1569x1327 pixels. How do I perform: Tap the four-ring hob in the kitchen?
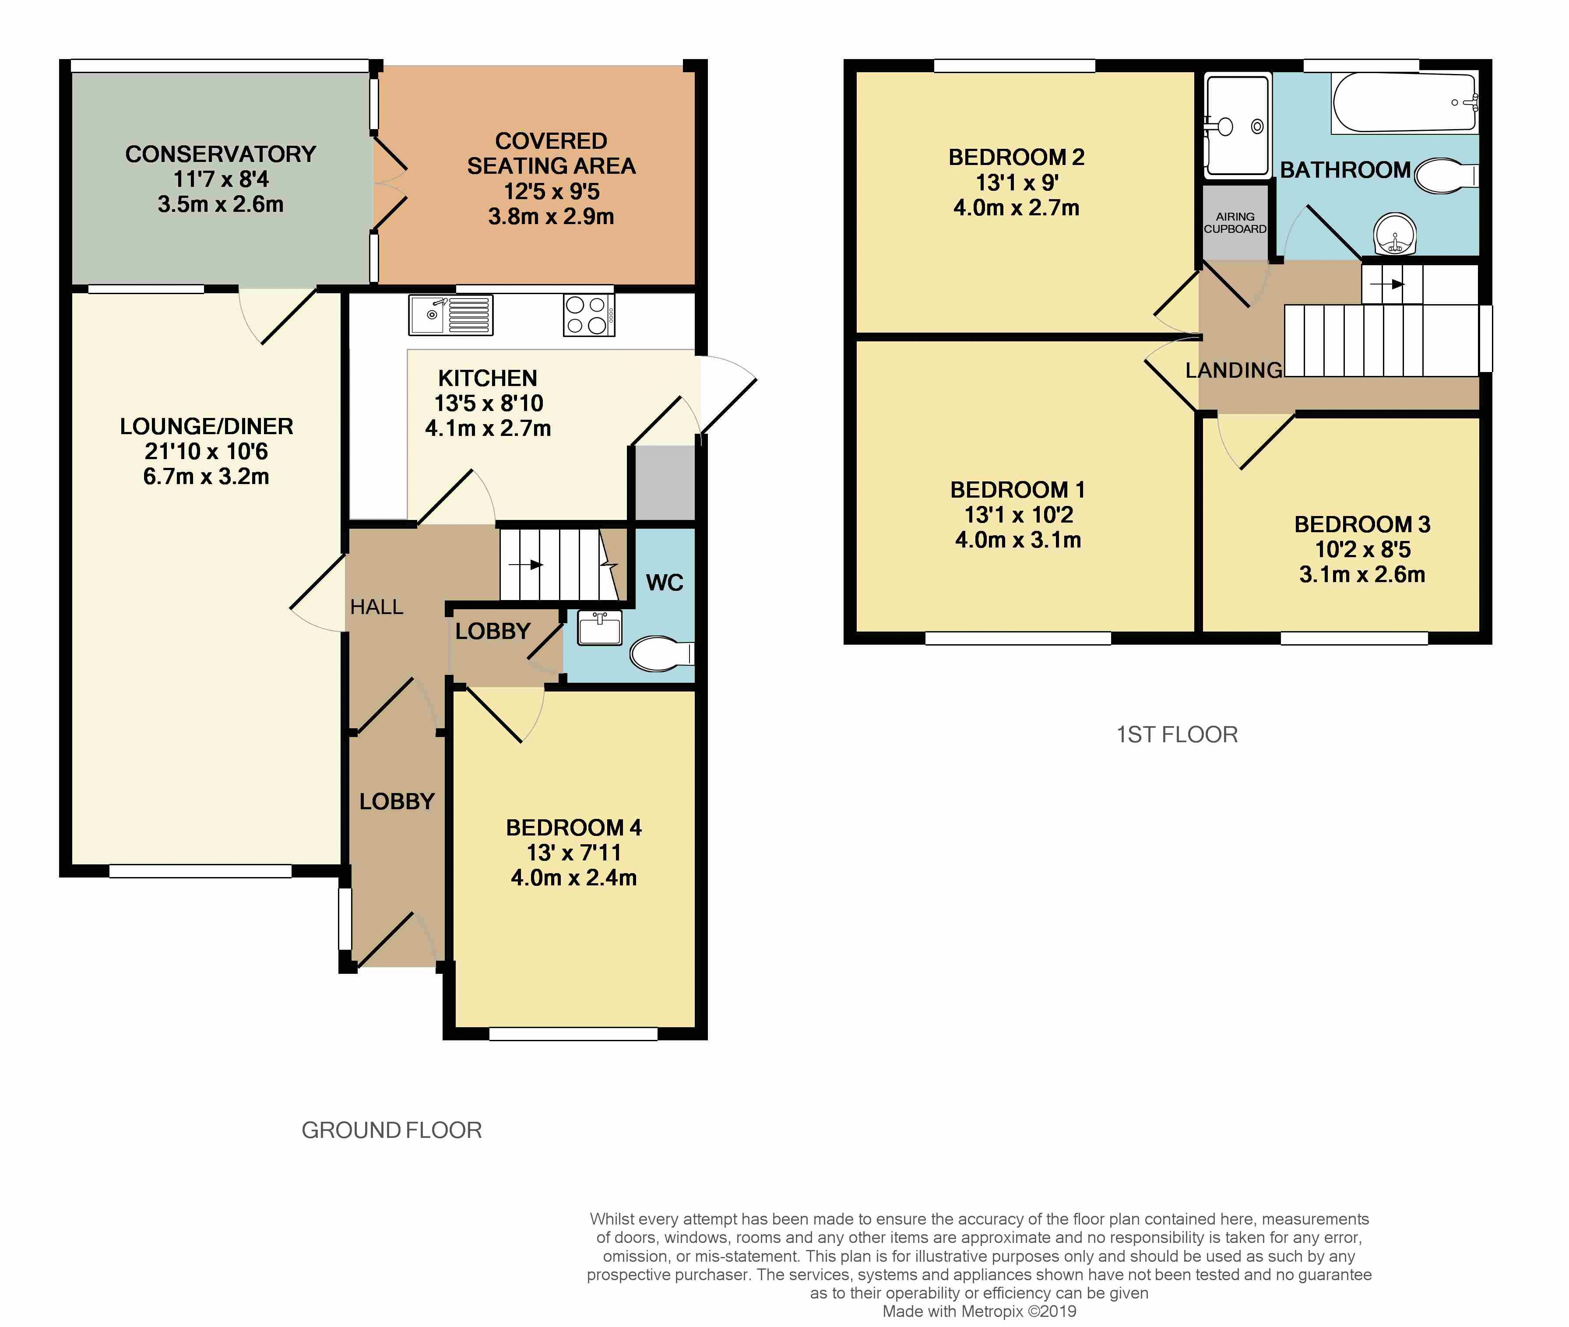coord(588,314)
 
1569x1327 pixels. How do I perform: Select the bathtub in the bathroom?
coord(1405,103)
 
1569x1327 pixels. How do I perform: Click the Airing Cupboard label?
coord(1235,223)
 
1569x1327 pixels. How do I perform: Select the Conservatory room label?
coord(221,154)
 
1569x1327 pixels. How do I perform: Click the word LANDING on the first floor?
coord(1233,370)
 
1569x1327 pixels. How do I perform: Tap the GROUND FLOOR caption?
coord(391,1130)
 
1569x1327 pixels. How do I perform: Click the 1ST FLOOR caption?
coord(1177,734)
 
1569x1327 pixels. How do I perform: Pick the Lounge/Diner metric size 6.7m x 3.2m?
coord(206,476)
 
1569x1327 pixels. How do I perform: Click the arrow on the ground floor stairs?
coord(526,564)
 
